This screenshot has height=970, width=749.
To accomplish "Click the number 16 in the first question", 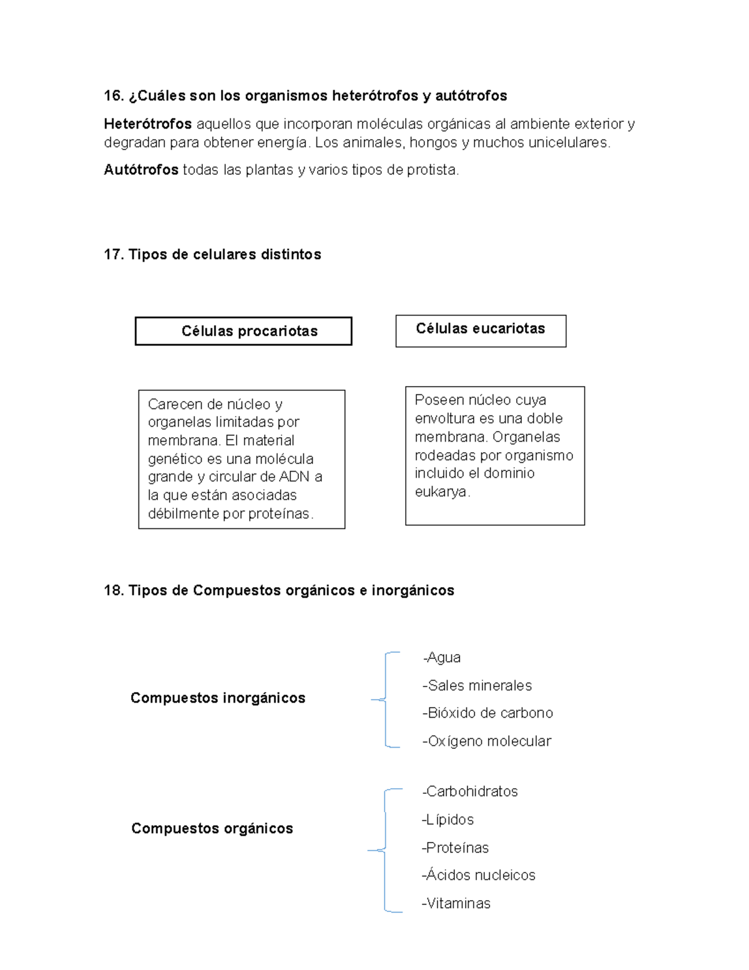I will tap(113, 96).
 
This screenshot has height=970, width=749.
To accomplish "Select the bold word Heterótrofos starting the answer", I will tap(147, 124).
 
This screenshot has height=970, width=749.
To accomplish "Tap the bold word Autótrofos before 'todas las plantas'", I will tap(141, 170).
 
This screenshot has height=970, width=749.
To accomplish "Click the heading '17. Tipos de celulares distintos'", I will tap(212, 254).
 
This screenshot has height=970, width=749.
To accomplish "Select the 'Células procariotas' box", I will tap(243, 331).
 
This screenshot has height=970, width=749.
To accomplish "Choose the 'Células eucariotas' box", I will tap(481, 329).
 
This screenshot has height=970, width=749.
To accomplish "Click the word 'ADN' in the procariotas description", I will tap(294, 477).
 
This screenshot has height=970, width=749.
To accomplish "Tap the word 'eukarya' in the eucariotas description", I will tap(441, 492).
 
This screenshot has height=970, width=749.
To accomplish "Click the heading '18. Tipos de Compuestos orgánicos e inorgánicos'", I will tap(278, 590).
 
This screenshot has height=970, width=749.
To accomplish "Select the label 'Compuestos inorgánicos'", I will tap(217, 698).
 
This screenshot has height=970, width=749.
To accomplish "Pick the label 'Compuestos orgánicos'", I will tap(212, 828).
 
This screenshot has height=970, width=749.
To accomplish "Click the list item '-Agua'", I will tap(442, 658).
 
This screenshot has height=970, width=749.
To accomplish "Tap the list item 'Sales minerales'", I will tap(478, 686).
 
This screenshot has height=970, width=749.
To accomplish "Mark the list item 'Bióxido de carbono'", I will tap(489, 713).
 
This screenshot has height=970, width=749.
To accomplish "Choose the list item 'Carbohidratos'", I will tap(471, 791).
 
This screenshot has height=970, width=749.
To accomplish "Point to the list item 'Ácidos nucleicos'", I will tap(479, 875).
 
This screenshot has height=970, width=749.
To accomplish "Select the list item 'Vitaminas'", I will tap(457, 903).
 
